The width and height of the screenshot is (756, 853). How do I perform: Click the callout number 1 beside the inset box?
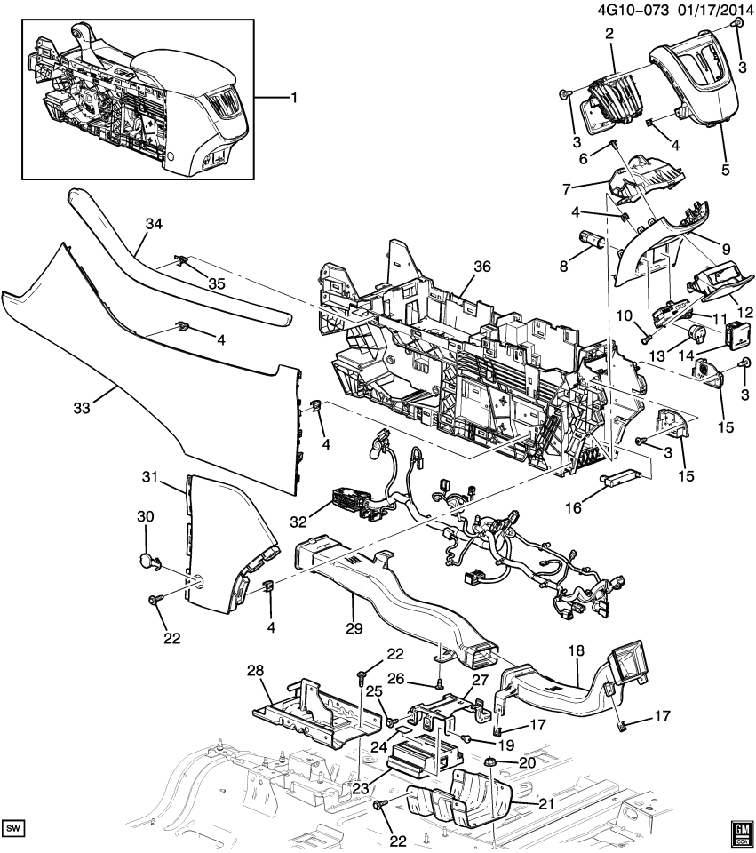click(292, 97)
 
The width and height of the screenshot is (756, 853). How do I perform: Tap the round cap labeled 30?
click(146, 561)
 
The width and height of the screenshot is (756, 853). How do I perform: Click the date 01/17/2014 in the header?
click(704, 10)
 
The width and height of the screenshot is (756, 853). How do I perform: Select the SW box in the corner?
click(15, 828)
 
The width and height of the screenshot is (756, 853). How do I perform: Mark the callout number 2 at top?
click(609, 34)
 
